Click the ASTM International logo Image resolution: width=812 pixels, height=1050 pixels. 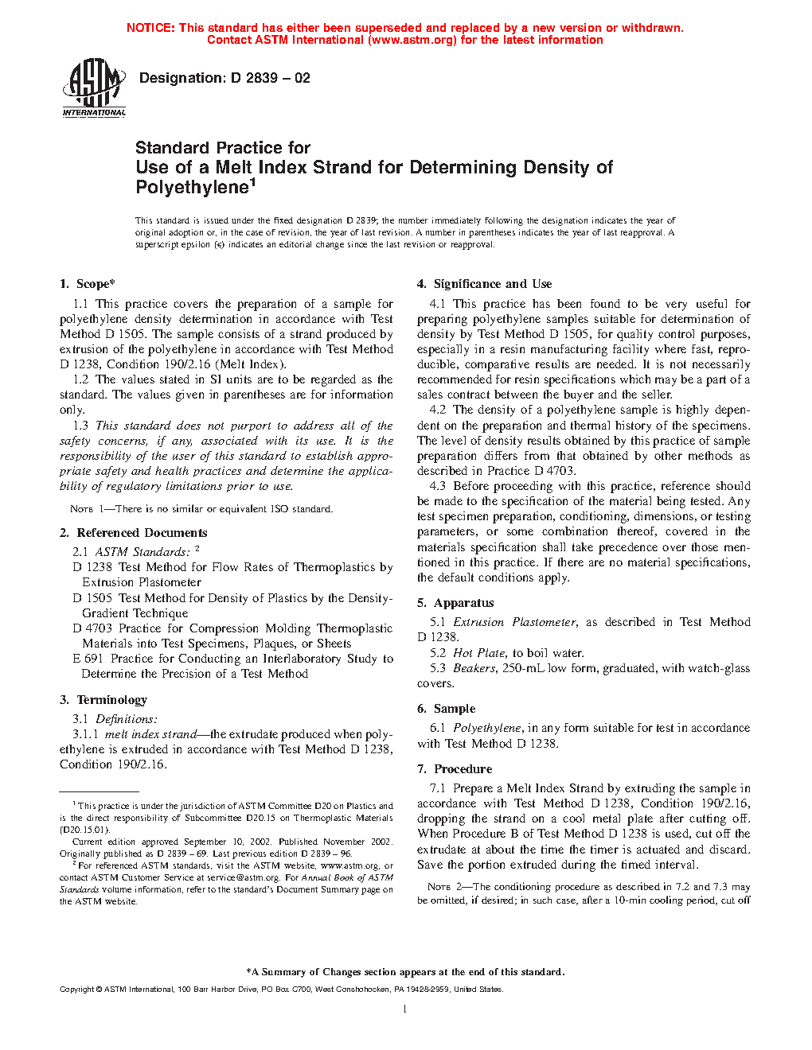tap(94, 87)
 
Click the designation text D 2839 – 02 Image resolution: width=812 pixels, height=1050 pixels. tap(224, 78)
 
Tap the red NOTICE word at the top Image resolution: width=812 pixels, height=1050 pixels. tap(150, 28)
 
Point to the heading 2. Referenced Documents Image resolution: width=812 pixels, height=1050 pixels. tap(134, 533)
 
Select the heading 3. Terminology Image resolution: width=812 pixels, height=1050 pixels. tap(103, 700)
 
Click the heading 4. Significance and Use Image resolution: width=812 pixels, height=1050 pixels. tap(484, 284)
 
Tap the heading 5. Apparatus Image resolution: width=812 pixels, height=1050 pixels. tap(455, 603)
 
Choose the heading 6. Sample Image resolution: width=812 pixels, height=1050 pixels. tap(446, 709)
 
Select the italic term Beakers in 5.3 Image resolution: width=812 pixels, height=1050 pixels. tap(474, 668)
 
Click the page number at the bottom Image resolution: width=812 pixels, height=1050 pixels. tap(405, 1009)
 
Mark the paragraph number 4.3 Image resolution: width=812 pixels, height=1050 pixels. tap(437, 486)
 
